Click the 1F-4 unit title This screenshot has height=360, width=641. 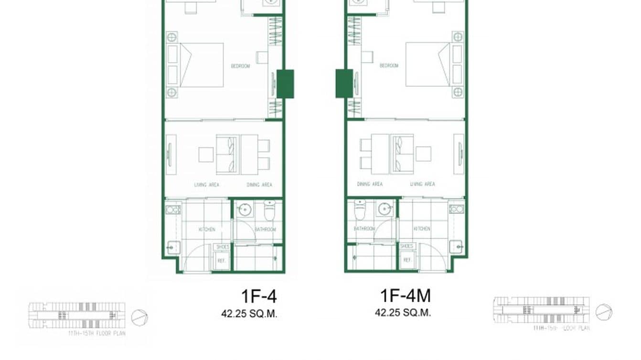point(258,296)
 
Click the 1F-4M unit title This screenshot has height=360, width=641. point(405,296)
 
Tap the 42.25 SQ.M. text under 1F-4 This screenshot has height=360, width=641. point(249,314)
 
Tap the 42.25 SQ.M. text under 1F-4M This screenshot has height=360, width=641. point(403,313)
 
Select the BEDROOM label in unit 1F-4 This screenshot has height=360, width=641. point(240,66)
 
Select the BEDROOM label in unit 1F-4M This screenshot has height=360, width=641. point(389,65)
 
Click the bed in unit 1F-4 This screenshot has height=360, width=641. point(202,65)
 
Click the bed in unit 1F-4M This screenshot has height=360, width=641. point(427,64)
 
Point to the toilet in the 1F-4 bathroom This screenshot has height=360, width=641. point(269,211)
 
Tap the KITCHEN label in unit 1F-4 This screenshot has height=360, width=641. point(207,230)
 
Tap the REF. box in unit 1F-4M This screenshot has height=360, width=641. point(407,260)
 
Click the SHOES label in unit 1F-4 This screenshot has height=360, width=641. point(222,247)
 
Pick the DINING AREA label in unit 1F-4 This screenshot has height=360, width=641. point(259,185)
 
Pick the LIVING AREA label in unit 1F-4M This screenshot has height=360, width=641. point(422,184)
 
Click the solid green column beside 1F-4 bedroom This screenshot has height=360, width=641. point(285,84)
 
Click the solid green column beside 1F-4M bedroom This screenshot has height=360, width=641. point(344,84)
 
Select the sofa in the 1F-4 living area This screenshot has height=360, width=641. point(227,154)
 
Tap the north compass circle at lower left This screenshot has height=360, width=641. point(139,318)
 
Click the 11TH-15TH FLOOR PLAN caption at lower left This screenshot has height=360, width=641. point(97,333)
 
